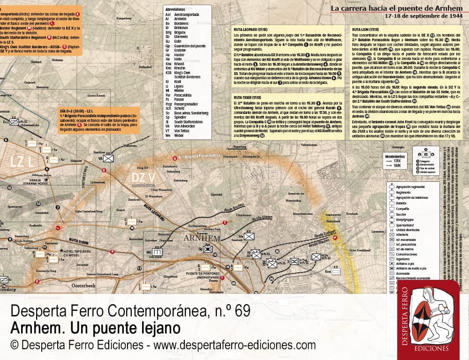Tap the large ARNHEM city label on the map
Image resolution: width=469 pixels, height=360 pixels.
[x=204, y=239]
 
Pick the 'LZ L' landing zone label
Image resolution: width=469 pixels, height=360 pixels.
[x=22, y=162]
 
